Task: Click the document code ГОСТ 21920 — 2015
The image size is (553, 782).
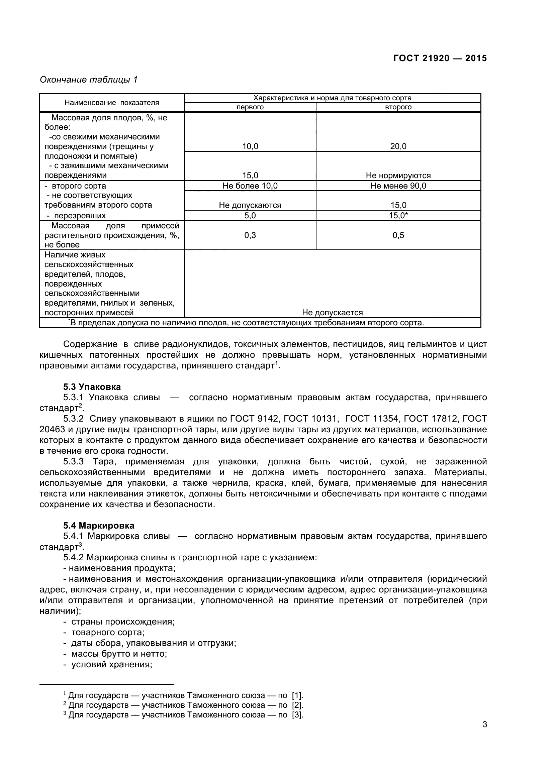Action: tap(440, 58)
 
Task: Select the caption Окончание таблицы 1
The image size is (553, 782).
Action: tap(89, 80)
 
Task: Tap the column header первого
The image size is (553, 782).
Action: tap(250, 107)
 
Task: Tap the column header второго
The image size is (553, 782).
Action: tap(398, 107)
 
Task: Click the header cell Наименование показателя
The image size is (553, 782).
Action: tap(112, 103)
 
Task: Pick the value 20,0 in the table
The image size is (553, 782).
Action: tap(398, 146)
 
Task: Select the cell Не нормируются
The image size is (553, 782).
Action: tap(398, 176)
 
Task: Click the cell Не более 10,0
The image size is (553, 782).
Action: tap(250, 186)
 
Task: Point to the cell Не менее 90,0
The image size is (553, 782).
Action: tap(398, 186)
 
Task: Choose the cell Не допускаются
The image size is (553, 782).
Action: tap(250, 205)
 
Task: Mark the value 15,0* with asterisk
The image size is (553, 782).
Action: tap(398, 216)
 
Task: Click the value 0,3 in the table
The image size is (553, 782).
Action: tap(250, 235)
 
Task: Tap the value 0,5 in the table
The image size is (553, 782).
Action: tap(398, 235)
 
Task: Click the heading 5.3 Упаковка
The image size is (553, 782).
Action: tap(92, 387)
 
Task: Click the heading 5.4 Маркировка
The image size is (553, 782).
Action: tap(99, 526)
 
